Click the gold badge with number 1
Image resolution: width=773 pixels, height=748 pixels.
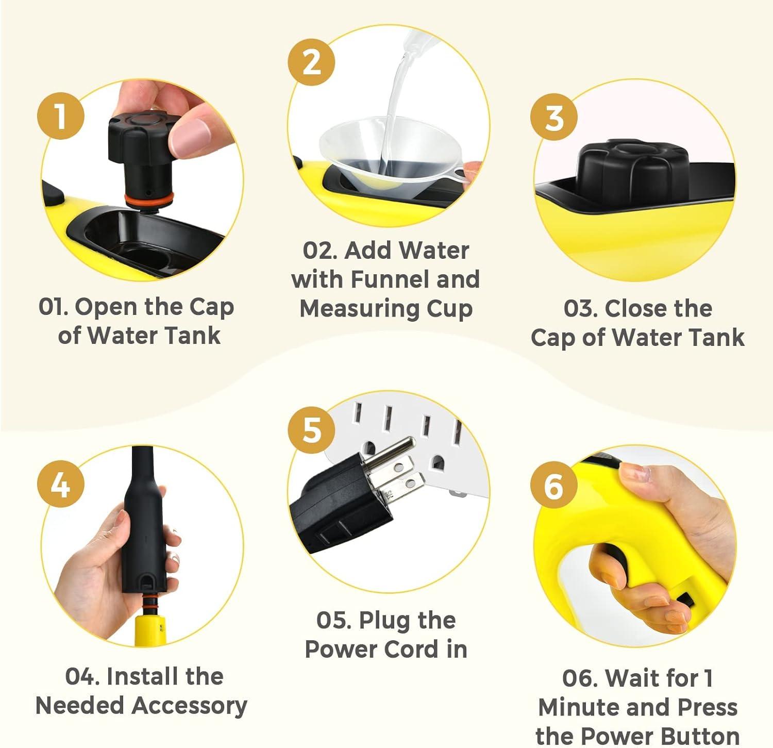[61, 116]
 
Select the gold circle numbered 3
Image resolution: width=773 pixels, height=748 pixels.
[554, 118]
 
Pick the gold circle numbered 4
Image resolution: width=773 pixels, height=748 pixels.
[61, 484]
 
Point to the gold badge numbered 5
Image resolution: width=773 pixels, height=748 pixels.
[311, 429]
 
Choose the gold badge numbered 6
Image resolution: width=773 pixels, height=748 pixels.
[554, 485]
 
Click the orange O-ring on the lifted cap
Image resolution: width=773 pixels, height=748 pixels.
[149, 199]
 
